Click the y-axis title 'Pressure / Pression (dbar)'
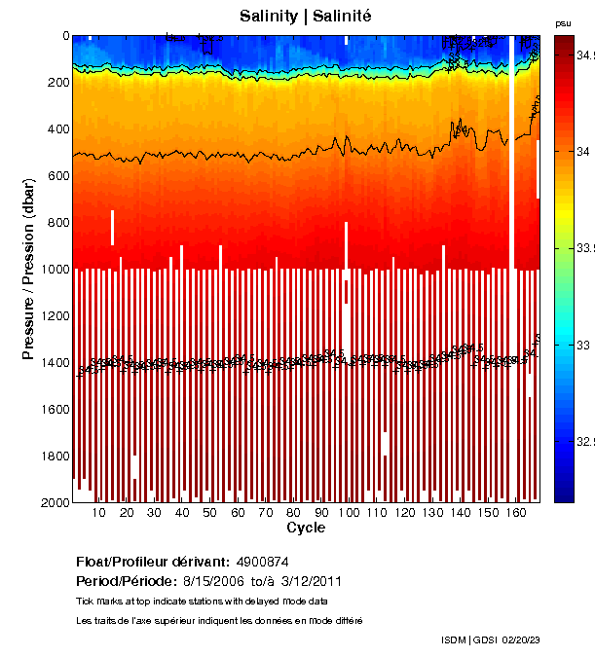pos(28,269)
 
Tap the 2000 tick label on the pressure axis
pos(54,503)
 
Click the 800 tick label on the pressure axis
pos(57,223)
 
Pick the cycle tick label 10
pos(98,513)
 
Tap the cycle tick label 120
pos(406,513)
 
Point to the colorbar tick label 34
pos(580,152)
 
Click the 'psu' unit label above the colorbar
pos(563,22)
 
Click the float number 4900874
pos(261,562)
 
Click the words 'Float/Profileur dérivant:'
pos(153,562)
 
